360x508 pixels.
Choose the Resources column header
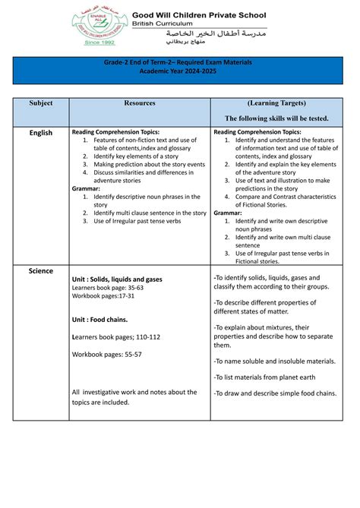tap(139, 103)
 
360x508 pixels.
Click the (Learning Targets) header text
tap(276, 103)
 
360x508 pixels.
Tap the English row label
tap(41, 133)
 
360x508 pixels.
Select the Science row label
tap(41, 270)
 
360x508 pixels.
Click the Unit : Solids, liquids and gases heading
tap(116, 279)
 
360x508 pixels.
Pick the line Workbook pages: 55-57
tap(106, 355)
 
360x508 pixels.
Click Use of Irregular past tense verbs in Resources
tap(137, 221)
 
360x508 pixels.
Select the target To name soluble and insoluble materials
tap(274, 361)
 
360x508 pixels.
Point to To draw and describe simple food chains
tap(273, 393)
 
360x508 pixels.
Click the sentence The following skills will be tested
tap(276, 118)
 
